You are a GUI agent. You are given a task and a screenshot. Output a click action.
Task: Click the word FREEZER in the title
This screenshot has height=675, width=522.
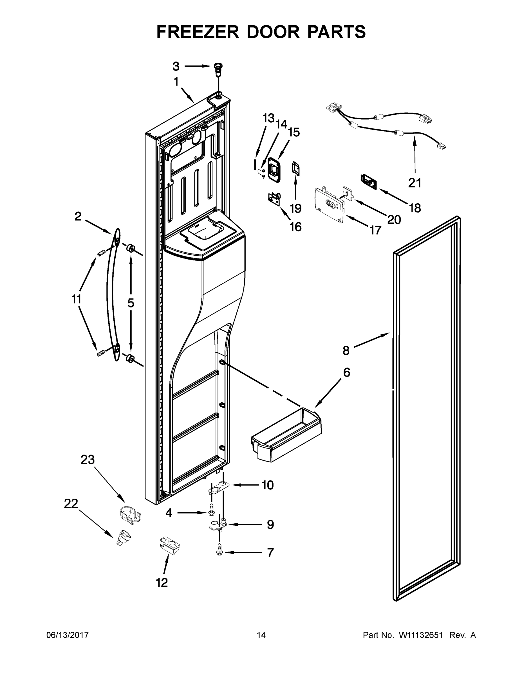click(198, 32)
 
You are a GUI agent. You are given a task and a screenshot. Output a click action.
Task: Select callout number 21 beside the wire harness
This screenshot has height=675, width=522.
click(415, 183)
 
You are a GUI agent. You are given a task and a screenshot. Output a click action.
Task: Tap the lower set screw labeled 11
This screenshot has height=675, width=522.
click(100, 354)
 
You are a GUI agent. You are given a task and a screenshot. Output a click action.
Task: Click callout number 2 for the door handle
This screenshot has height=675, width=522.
click(78, 216)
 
